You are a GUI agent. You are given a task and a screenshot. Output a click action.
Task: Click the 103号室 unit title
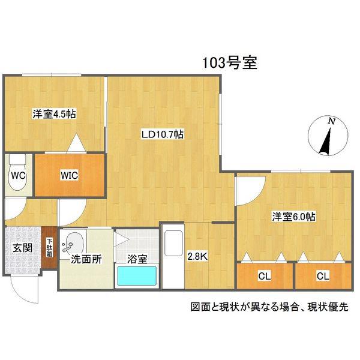click(229, 62)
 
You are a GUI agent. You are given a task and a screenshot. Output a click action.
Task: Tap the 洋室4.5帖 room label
click(54, 114)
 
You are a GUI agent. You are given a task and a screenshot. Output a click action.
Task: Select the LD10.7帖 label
click(163, 134)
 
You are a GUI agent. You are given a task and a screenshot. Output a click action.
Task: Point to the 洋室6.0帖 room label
click(293, 217)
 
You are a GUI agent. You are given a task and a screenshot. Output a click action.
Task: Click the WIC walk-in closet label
click(70, 175)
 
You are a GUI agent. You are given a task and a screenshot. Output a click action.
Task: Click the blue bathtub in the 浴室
click(137, 276)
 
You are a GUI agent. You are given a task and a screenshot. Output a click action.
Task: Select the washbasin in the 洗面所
click(73, 244)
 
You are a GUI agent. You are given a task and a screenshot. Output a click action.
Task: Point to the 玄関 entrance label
click(22, 248)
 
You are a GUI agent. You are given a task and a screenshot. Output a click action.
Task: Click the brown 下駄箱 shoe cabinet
click(49, 248)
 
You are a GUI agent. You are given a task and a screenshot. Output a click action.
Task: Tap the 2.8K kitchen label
click(197, 256)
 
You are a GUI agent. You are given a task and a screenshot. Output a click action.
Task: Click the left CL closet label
click(265, 276)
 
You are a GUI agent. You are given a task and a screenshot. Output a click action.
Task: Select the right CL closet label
click(323, 276)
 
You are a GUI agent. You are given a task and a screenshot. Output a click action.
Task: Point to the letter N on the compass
click(331, 121)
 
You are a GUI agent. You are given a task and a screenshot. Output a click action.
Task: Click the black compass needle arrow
click(326, 142)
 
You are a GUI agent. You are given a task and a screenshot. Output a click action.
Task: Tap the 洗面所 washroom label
click(86, 259)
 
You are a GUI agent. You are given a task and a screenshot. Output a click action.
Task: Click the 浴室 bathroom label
click(137, 259)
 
